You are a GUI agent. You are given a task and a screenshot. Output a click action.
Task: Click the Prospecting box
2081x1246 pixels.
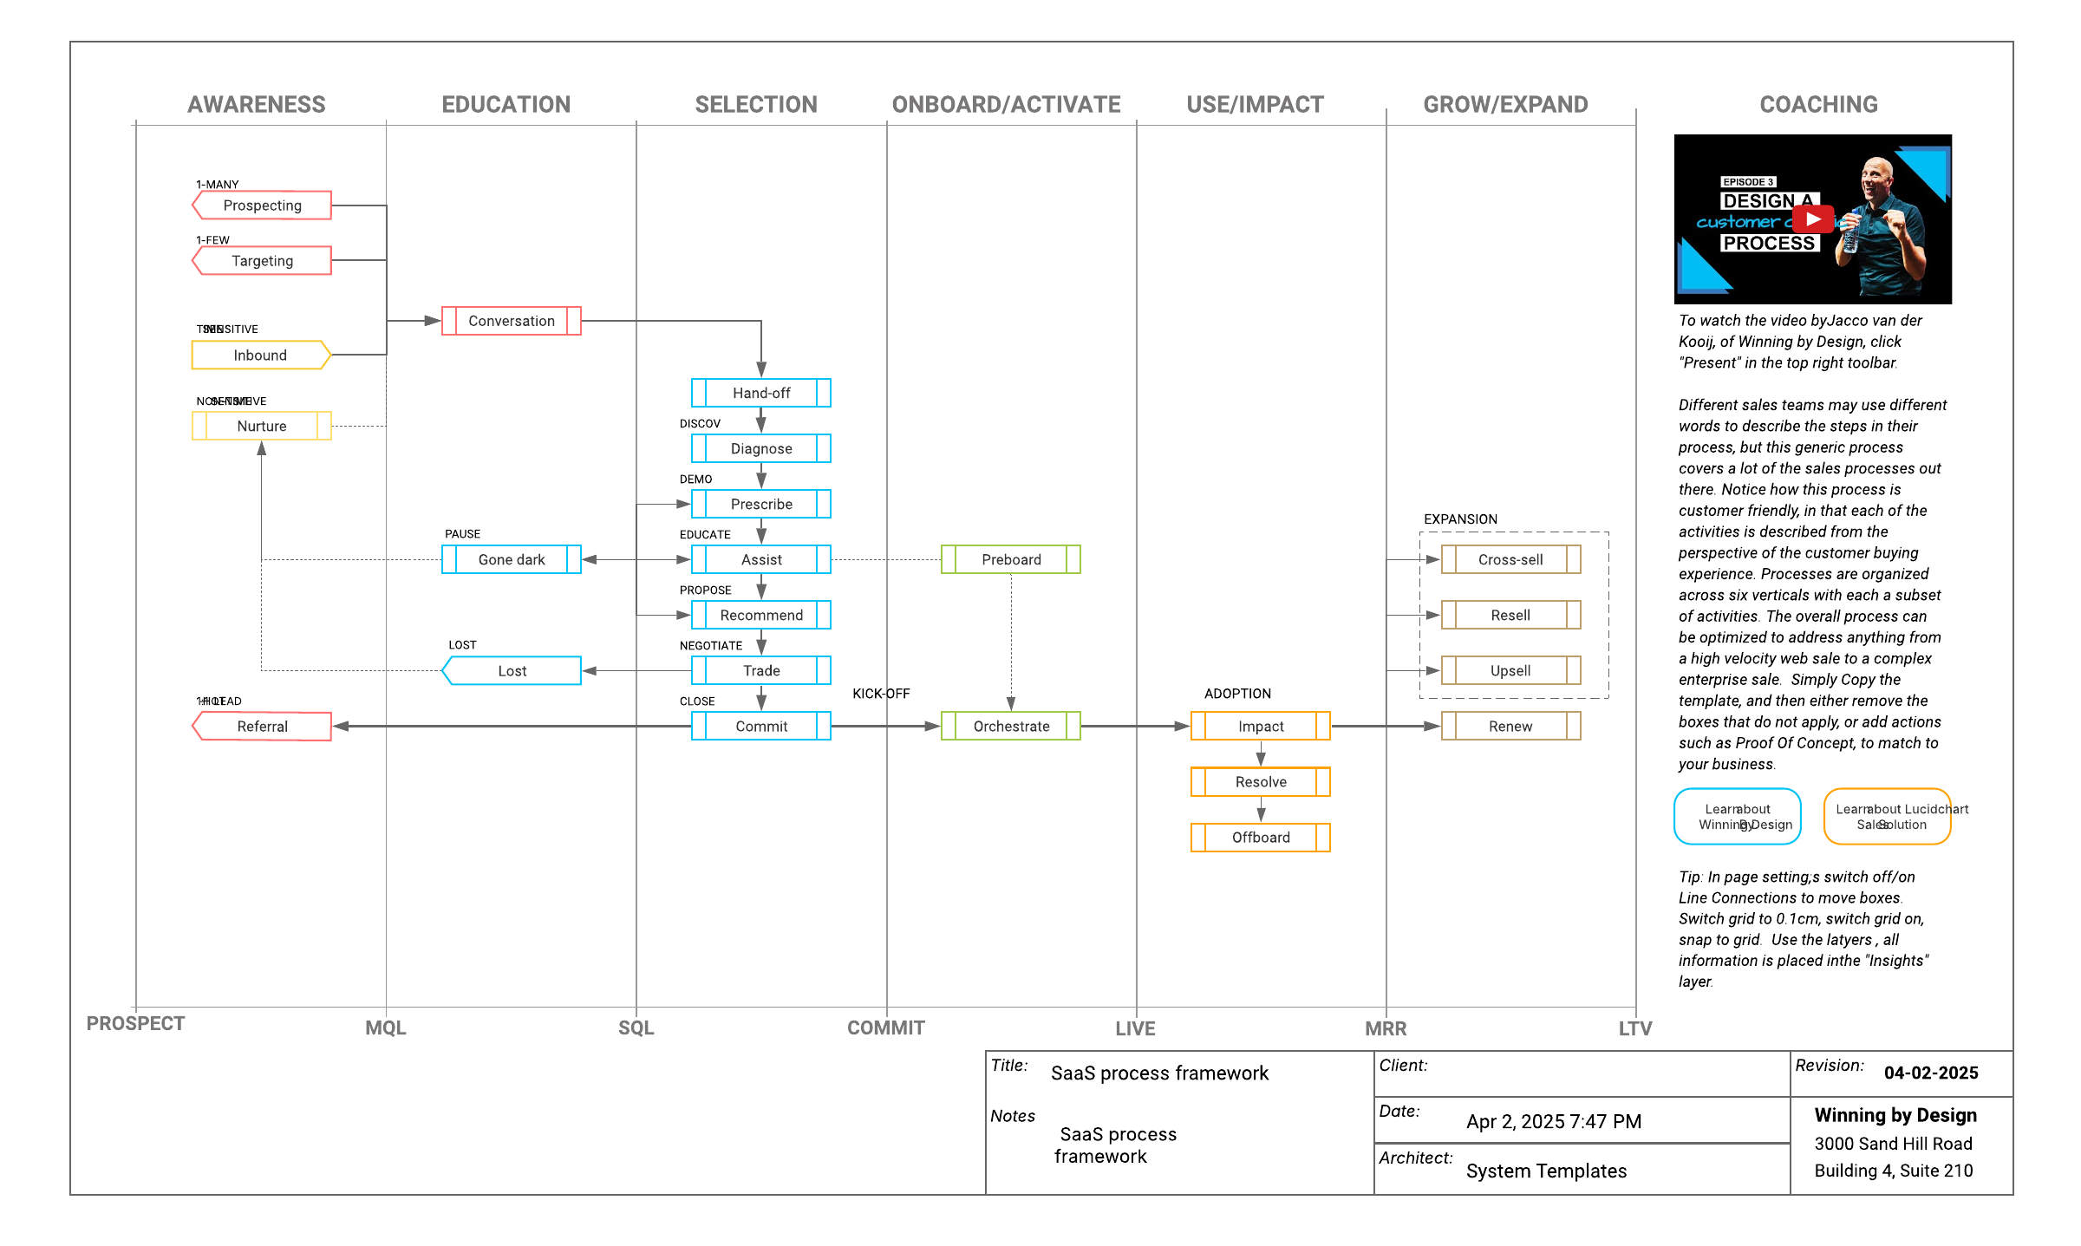[262, 205]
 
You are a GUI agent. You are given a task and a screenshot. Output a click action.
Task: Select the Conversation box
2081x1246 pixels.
[512, 321]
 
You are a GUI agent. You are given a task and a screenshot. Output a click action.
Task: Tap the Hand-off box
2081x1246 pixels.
[761, 393]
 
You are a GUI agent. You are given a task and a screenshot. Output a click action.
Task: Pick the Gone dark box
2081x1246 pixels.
[512, 559]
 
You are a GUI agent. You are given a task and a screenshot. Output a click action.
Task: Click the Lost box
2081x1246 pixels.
[512, 670]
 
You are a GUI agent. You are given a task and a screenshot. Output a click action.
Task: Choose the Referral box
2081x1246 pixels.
[262, 726]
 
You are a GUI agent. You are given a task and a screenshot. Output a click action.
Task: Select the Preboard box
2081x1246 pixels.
[1011, 559]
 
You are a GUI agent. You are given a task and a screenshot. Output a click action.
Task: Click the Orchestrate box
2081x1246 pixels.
[1011, 726]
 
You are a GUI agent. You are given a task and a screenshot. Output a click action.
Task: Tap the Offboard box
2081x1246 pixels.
[1261, 837]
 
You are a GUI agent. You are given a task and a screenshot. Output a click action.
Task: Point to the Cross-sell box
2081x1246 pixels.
[1510, 559]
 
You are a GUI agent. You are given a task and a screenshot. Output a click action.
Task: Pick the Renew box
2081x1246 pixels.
[1510, 726]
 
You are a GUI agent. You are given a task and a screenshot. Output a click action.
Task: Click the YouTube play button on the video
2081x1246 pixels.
[1813, 219]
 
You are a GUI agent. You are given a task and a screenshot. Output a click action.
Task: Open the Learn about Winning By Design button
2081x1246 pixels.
[1738, 816]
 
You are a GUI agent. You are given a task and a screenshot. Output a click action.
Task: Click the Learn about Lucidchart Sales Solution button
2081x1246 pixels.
[1888, 816]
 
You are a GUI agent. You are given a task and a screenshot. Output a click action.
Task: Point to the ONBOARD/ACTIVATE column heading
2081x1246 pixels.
[1006, 105]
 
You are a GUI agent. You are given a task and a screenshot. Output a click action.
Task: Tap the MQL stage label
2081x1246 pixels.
[386, 1028]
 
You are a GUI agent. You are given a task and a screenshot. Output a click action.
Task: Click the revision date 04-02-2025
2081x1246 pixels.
[1931, 1073]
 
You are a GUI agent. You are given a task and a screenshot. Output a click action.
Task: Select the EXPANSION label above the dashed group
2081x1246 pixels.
[1460, 519]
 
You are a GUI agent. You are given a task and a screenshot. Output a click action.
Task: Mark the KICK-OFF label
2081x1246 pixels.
[881, 694]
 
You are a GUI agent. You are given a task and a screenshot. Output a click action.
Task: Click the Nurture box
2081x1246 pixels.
[262, 426]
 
